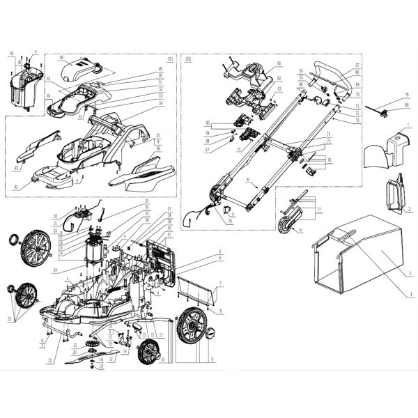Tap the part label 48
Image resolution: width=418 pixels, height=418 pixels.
click(61, 58)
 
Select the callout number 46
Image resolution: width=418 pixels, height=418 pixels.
click(12, 53)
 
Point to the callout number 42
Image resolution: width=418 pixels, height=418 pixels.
click(15, 187)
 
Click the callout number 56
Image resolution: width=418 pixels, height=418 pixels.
click(159, 148)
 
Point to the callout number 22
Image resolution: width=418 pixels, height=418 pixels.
click(50, 361)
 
